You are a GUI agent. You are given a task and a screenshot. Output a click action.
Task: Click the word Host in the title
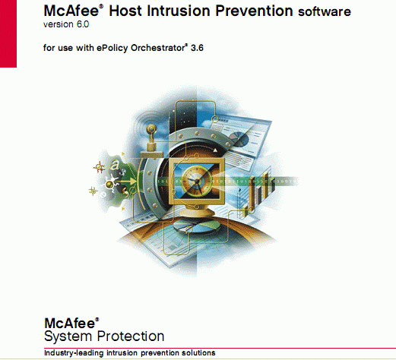point(125,11)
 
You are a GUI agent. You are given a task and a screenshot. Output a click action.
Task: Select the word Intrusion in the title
point(179,11)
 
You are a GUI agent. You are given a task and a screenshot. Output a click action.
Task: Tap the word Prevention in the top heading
point(254,11)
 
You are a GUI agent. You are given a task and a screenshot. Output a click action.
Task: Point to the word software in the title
point(325,11)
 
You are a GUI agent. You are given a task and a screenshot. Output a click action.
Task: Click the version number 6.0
point(83,24)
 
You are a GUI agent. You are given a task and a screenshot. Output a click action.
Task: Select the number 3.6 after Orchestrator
point(197,48)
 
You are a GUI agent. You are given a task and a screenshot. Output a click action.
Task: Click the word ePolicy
point(112,48)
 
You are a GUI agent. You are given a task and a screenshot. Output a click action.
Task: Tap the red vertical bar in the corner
point(8,33)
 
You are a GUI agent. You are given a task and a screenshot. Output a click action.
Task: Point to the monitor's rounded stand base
point(197,212)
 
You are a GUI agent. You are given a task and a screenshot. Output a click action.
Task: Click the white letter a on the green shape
point(115,166)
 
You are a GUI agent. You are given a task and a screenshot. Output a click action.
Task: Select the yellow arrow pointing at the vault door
point(127,181)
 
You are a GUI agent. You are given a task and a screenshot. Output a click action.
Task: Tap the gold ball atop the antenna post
point(151,129)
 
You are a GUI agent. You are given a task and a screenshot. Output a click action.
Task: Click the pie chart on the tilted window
point(241,139)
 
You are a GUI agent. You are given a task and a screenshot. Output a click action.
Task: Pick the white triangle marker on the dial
point(215,150)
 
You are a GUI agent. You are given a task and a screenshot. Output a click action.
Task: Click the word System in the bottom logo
point(68,336)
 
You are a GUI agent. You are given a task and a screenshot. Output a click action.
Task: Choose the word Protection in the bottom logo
point(131,336)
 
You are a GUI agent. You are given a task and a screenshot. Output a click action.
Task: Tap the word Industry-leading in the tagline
point(74,353)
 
